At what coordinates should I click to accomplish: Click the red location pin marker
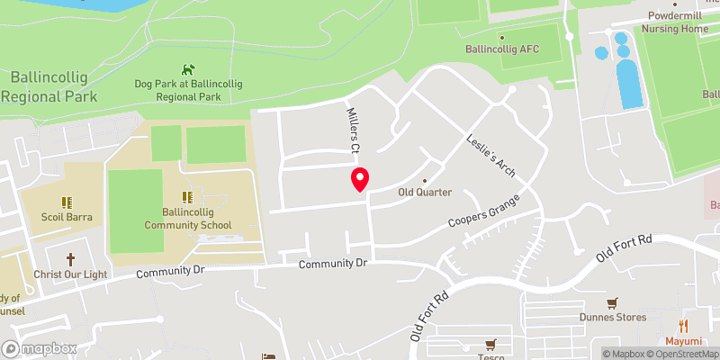click(x=360, y=179)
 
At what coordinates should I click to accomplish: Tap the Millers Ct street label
click(x=355, y=130)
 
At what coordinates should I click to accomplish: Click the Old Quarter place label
click(x=425, y=192)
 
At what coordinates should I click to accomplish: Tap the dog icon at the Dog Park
click(x=188, y=68)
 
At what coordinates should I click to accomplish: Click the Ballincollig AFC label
click(x=502, y=49)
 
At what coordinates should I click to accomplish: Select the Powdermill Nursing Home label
click(x=675, y=22)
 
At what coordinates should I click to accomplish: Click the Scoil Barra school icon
click(x=65, y=202)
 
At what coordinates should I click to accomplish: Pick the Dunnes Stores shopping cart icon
click(x=613, y=302)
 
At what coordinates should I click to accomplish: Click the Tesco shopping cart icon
click(x=490, y=344)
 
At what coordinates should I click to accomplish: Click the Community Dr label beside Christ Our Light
click(x=170, y=272)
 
